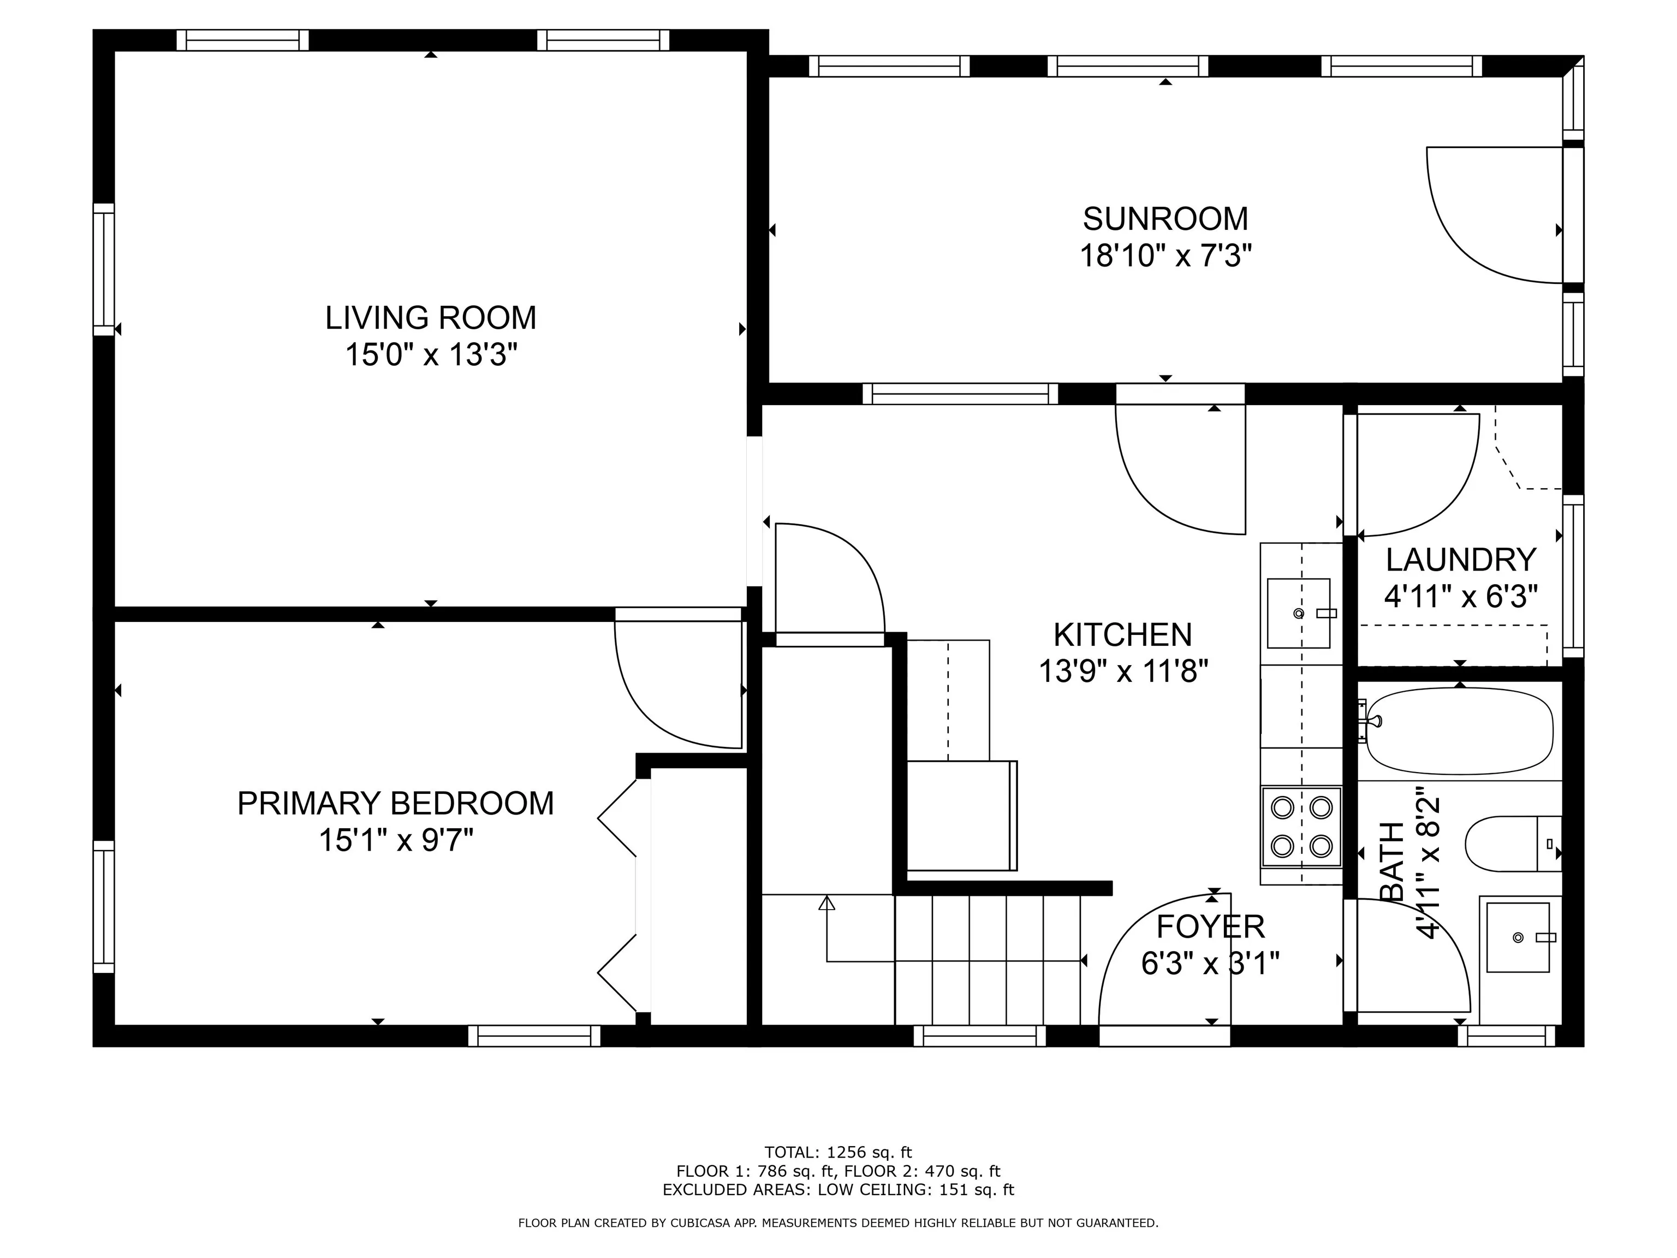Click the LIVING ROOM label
click(431, 318)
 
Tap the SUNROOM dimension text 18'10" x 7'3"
click(1165, 256)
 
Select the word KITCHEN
click(1123, 634)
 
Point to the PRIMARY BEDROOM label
click(396, 803)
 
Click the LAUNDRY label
click(1461, 560)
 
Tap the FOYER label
click(1211, 927)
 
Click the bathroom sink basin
click(1518, 937)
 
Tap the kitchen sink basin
click(1299, 613)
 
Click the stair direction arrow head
click(826, 903)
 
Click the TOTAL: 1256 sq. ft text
click(838, 1153)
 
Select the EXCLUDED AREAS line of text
click(838, 1190)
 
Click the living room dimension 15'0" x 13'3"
click(431, 354)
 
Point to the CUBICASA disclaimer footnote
click(838, 1223)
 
